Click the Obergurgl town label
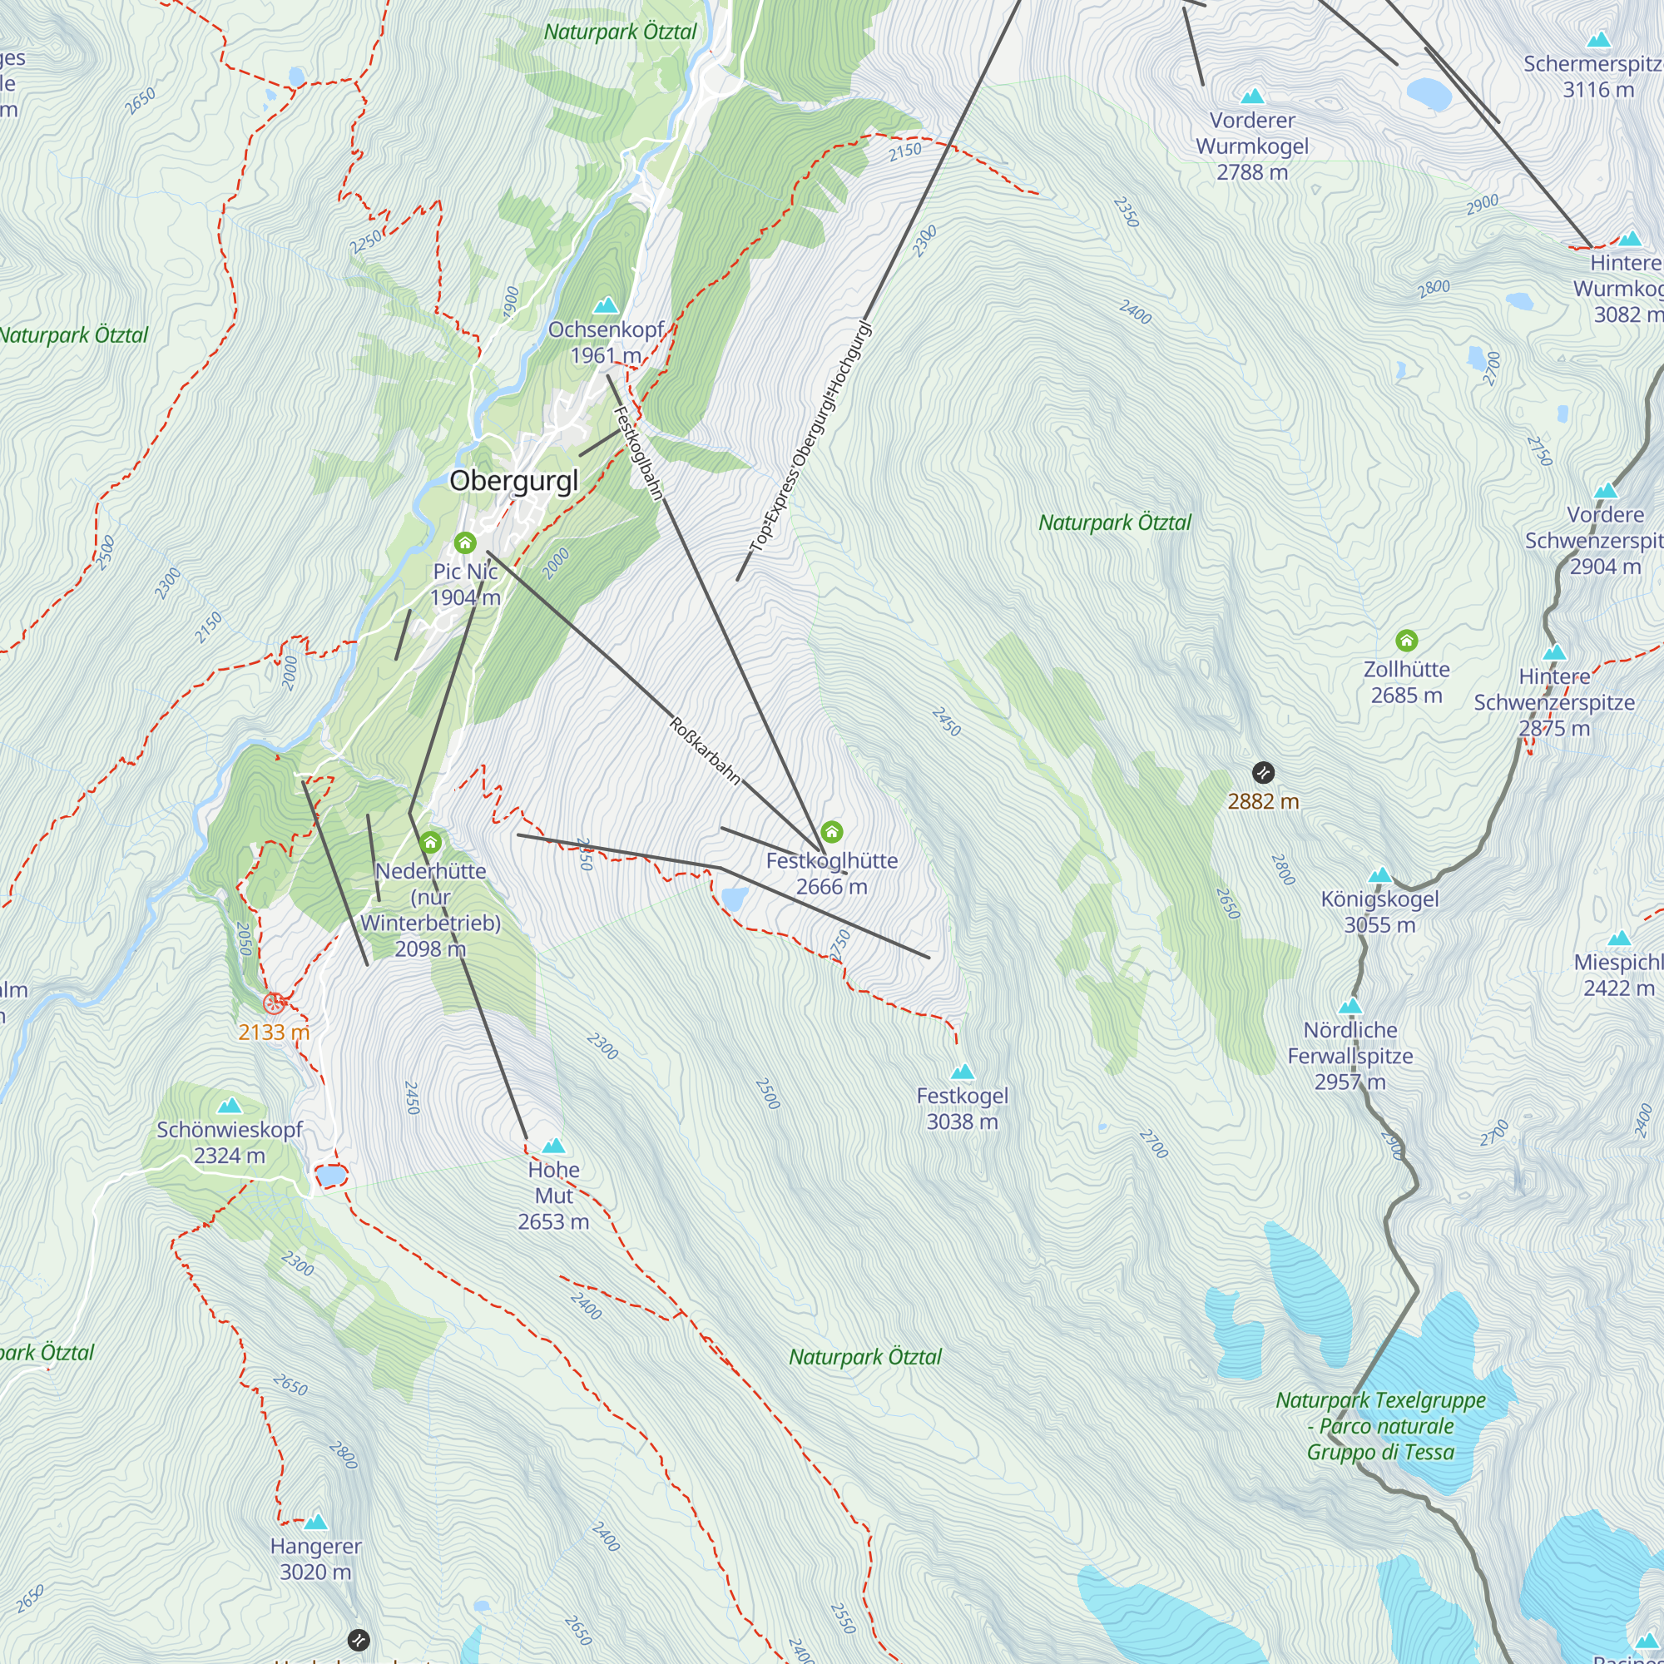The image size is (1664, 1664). pyautogui.click(x=514, y=481)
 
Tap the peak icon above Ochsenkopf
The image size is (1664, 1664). pyautogui.click(x=607, y=305)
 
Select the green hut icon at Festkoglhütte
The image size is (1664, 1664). pyautogui.click(x=831, y=832)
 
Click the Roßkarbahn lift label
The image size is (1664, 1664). pyautogui.click(x=705, y=750)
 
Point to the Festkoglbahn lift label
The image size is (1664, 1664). pyautogui.click(x=638, y=452)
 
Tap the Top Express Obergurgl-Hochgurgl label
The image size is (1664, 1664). pyautogui.click(x=810, y=438)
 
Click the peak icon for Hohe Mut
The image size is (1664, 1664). pyautogui.click(x=554, y=1146)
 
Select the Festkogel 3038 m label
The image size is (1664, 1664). pyautogui.click(x=962, y=1108)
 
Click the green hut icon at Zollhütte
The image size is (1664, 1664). pyautogui.click(x=1406, y=640)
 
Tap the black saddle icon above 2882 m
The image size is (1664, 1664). pyautogui.click(x=1263, y=772)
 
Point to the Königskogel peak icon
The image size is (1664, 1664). pyautogui.click(x=1379, y=875)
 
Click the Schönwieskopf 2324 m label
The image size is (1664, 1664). pyautogui.click(x=229, y=1142)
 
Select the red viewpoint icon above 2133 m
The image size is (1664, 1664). pyautogui.click(x=274, y=1003)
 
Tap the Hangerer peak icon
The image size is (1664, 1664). pyautogui.click(x=316, y=1522)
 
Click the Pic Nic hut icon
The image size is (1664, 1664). pyautogui.click(x=465, y=542)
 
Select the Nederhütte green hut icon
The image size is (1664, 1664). pyautogui.click(x=431, y=842)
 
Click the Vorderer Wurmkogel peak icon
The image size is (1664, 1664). pyautogui.click(x=1252, y=97)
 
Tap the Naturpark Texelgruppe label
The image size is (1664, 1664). pyautogui.click(x=1380, y=1426)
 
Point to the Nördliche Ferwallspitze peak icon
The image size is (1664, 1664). pyautogui.click(x=1350, y=1006)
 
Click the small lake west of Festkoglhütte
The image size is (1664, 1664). pyautogui.click(x=735, y=899)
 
